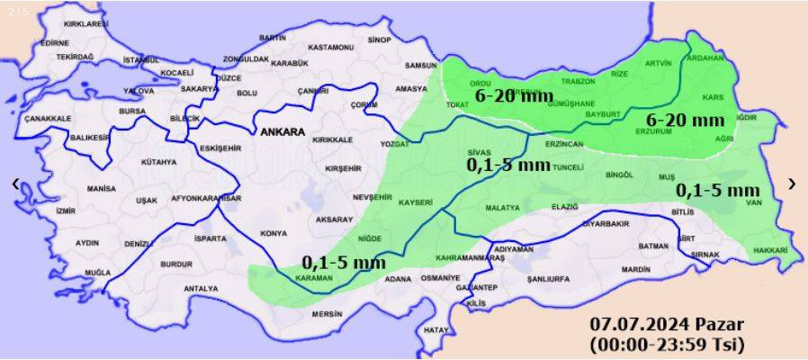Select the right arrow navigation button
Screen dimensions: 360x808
click(x=792, y=184)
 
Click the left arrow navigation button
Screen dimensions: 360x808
click(x=15, y=184)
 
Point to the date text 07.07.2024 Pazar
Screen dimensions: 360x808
click(x=667, y=324)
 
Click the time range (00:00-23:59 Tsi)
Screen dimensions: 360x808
click(x=667, y=343)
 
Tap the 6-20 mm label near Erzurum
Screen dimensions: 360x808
click(x=686, y=120)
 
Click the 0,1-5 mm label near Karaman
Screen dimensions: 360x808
click(x=344, y=263)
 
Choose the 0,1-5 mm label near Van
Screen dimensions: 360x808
click(x=717, y=190)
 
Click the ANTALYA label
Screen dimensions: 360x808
click(x=200, y=289)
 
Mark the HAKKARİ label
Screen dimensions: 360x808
click(x=770, y=249)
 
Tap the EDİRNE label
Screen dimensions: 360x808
click(x=54, y=42)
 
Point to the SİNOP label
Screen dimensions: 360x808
click(x=380, y=40)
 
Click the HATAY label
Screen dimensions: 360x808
click(x=435, y=330)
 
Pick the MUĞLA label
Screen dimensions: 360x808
click(x=96, y=271)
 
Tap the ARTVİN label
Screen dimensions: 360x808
click(x=659, y=63)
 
